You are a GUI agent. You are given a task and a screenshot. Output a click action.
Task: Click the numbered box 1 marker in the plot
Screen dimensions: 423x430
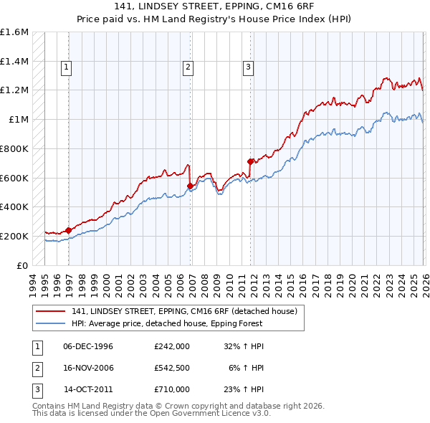[66, 68]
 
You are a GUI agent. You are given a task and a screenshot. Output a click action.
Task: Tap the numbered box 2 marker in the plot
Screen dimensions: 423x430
[188, 68]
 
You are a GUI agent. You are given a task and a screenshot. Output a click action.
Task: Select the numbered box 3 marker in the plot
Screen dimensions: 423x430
[248, 68]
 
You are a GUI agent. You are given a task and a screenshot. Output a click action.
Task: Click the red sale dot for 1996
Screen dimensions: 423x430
[68, 230]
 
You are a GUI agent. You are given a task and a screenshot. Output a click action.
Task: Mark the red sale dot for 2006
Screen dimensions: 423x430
[190, 186]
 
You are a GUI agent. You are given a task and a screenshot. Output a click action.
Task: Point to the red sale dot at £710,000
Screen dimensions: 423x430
[250, 162]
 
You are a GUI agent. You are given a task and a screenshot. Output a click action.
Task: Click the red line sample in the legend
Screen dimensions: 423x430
[52, 311]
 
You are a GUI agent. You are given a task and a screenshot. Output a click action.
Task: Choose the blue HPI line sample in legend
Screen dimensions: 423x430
[52, 324]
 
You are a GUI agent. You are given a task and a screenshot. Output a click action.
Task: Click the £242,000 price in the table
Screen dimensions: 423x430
[171, 346]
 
